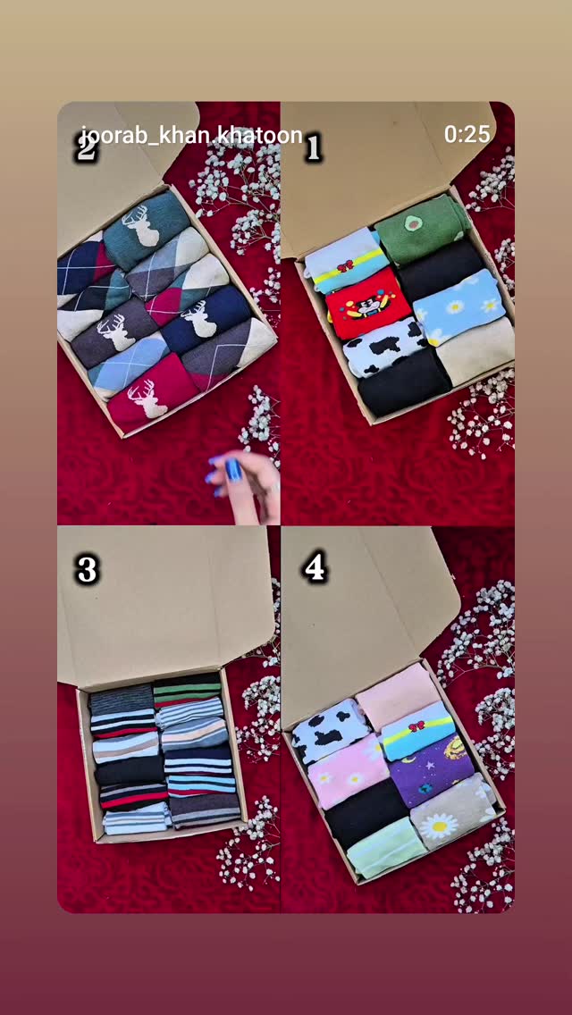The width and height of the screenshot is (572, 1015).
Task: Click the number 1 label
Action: pyautogui.click(x=314, y=147)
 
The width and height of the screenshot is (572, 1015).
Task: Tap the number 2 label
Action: pyautogui.click(x=86, y=147)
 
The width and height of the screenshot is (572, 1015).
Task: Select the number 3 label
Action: pyautogui.click(x=87, y=570)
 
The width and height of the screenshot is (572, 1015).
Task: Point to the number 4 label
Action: pyautogui.click(x=315, y=567)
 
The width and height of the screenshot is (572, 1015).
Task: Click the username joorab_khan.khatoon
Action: pyautogui.click(x=192, y=135)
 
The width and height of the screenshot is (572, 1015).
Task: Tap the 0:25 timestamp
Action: pyautogui.click(x=467, y=134)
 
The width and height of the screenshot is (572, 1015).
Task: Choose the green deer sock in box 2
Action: pyautogui.click(x=145, y=230)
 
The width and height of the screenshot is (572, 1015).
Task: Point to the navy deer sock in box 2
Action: pyautogui.click(x=206, y=321)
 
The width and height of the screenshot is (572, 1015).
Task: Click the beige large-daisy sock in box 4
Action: pyautogui.click(x=452, y=812)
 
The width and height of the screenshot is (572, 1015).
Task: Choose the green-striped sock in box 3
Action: pyautogui.click(x=187, y=690)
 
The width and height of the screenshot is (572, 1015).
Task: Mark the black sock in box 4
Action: pyautogui.click(x=366, y=812)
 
